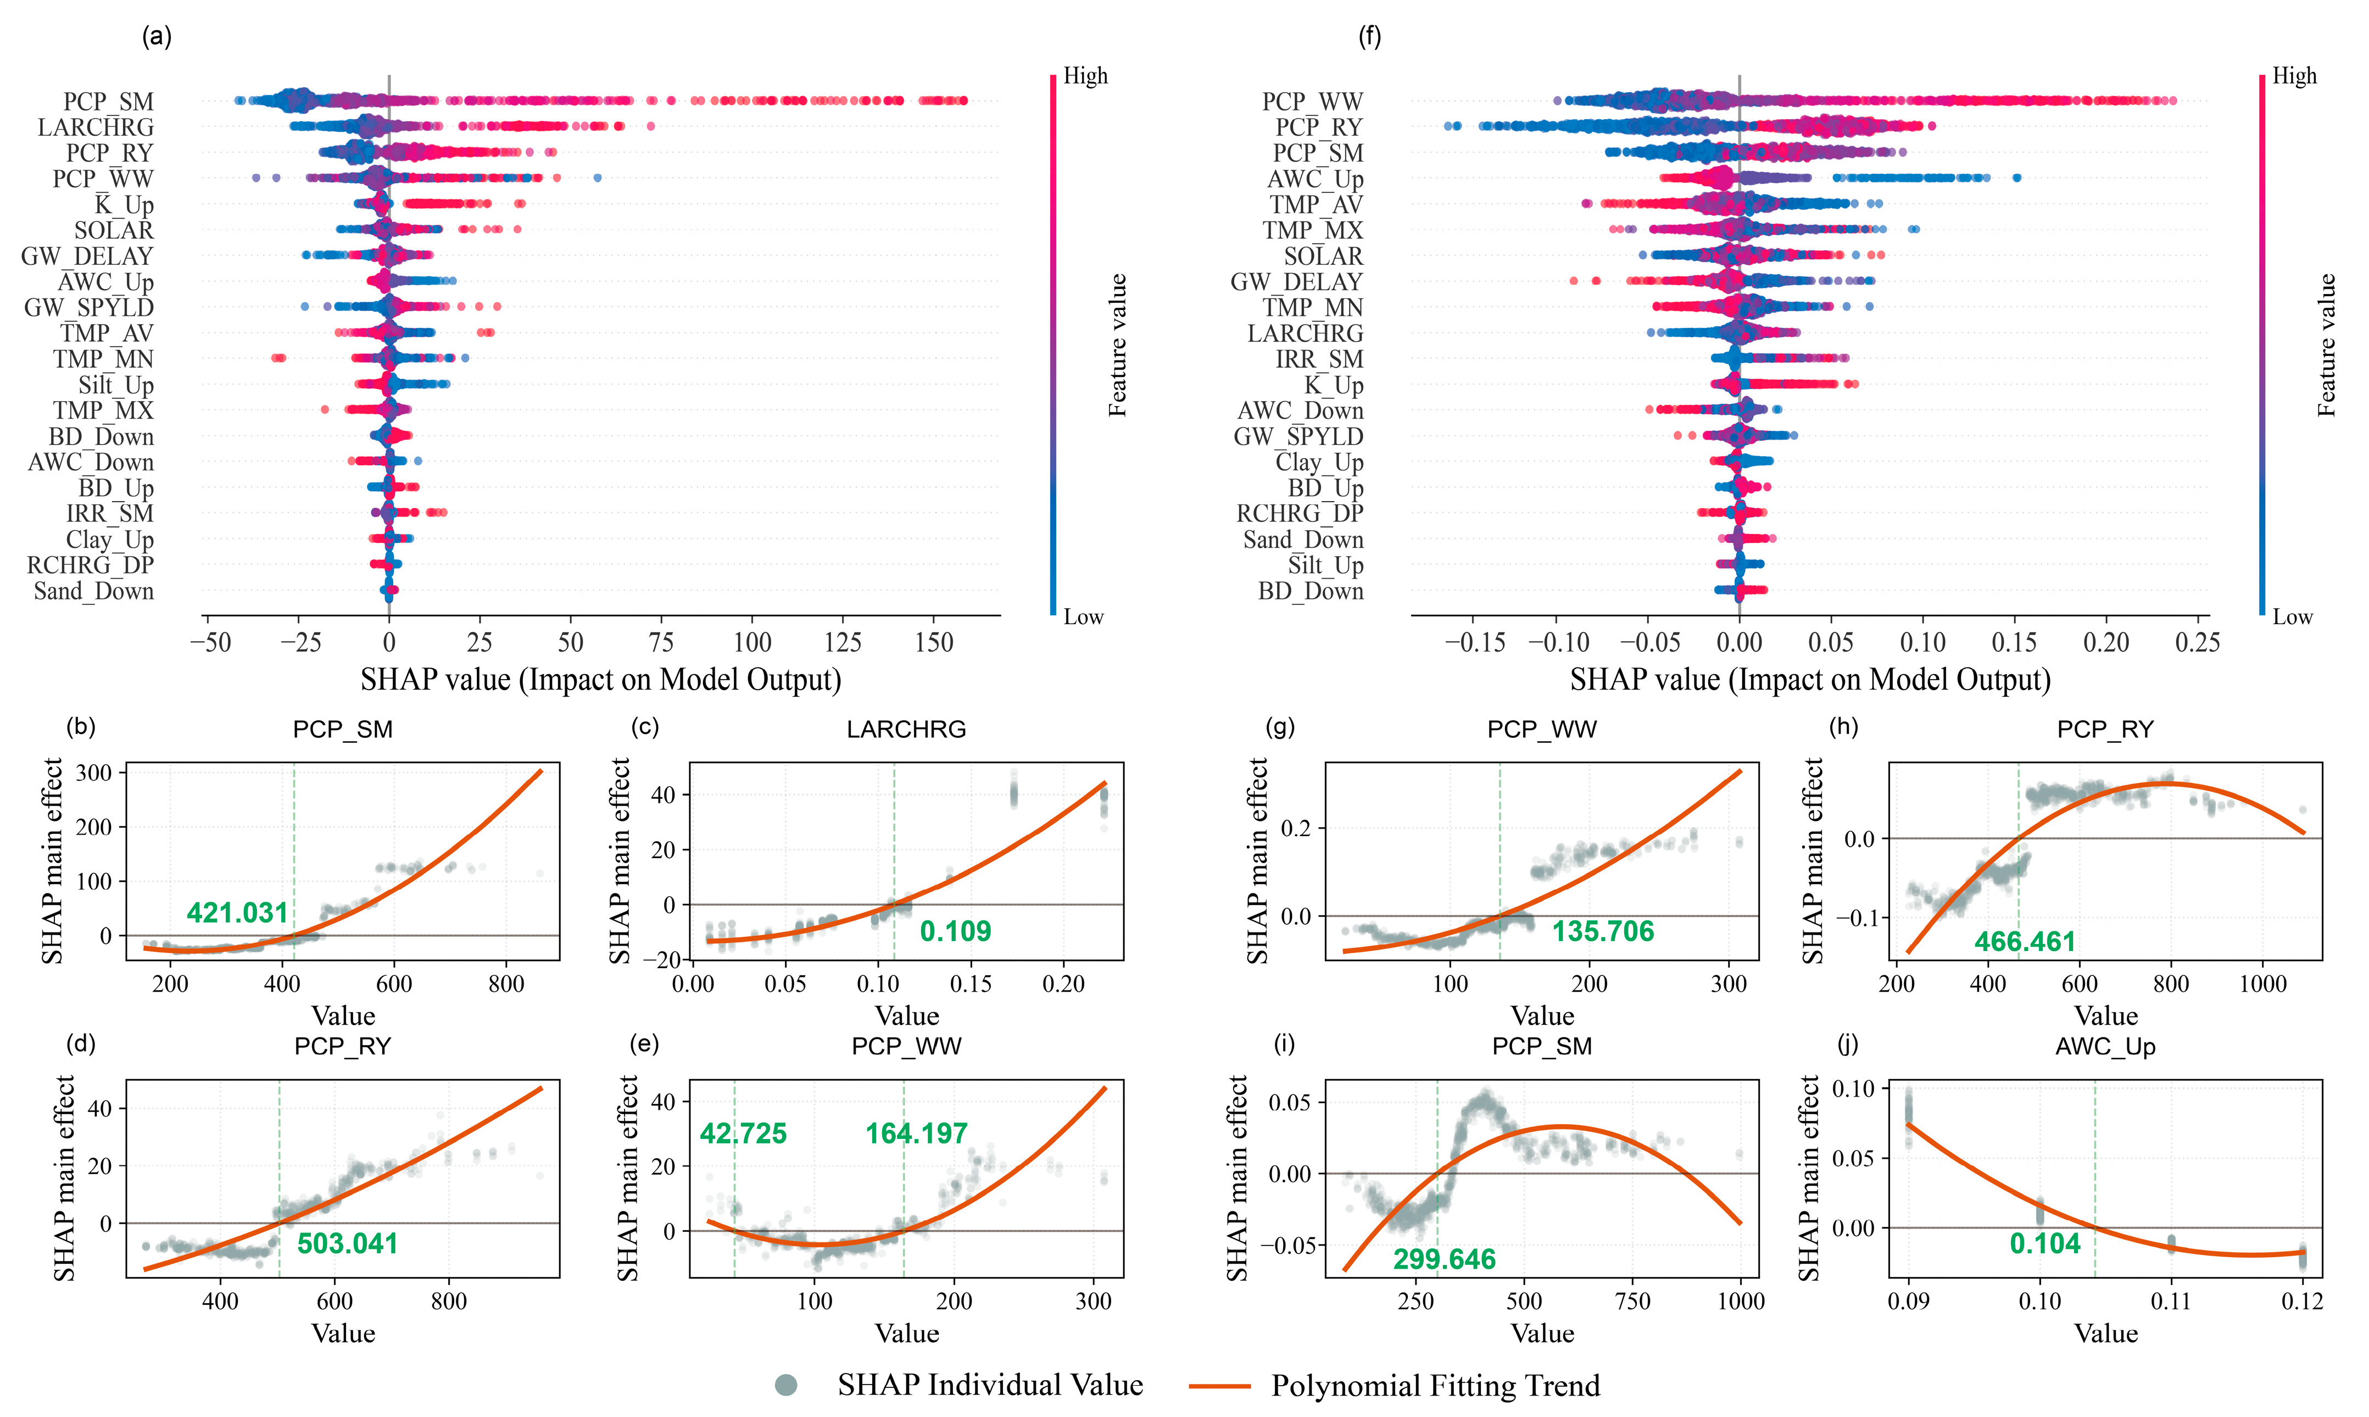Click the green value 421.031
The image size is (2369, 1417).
pyautogui.click(x=238, y=913)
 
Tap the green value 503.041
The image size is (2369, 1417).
pyautogui.click(x=348, y=1243)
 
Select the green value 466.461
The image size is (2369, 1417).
pyautogui.click(x=2025, y=942)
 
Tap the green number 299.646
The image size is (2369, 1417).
pyautogui.click(x=1444, y=1259)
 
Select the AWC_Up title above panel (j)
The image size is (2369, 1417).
pyautogui.click(x=2105, y=1047)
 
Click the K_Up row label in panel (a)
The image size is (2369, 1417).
pyautogui.click(x=124, y=204)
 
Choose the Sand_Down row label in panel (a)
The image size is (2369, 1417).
pyautogui.click(x=93, y=591)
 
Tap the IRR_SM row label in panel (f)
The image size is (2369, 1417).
pyautogui.click(x=1319, y=359)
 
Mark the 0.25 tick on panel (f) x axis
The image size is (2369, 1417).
pyautogui.click(x=2197, y=643)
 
